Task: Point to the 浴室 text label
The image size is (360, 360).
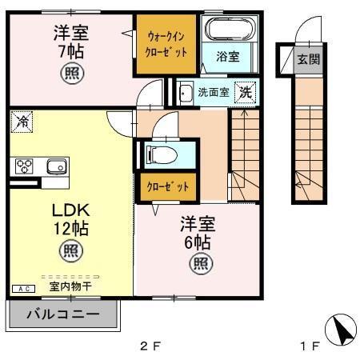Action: coord(228,58)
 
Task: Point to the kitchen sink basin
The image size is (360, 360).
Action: coord(56,166)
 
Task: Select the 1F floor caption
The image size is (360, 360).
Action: coord(310,346)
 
